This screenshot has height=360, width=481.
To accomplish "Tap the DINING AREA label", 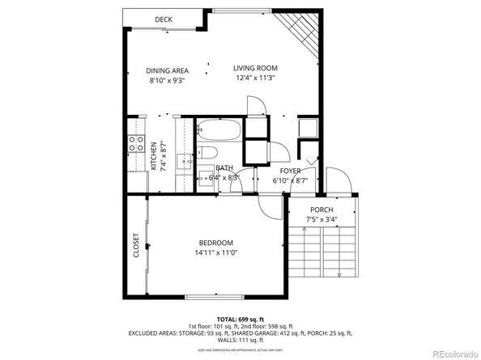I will pyautogui.click(x=168, y=70).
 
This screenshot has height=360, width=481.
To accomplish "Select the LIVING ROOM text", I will pyautogui.click(x=255, y=68).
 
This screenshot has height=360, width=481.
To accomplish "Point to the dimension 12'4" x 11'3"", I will pyautogui.click(x=255, y=79).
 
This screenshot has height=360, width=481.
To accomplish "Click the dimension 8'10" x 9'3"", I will pyautogui.click(x=168, y=81).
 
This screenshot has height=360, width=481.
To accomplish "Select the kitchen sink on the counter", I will pyautogui.click(x=186, y=162).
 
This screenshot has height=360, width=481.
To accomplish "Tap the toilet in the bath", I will pyautogui.click(x=207, y=154).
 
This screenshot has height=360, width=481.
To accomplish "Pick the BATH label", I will pyautogui.click(x=224, y=168).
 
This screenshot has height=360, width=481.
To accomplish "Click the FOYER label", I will pyautogui.click(x=291, y=171).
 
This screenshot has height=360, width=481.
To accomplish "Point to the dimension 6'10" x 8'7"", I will pyautogui.click(x=291, y=181).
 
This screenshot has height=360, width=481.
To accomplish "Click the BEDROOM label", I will pyautogui.click(x=216, y=243).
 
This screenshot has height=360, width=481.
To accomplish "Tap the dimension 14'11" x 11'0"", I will pyautogui.click(x=216, y=253).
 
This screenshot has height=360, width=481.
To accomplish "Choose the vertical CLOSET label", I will pyautogui.click(x=136, y=245).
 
